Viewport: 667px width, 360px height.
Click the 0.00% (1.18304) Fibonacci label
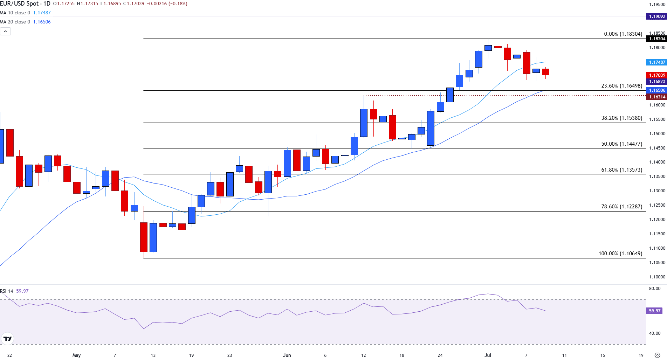(x=623, y=34)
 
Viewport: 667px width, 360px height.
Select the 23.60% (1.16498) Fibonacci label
(x=621, y=86)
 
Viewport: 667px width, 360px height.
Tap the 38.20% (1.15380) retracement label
(x=621, y=118)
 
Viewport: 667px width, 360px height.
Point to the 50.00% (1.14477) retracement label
(x=621, y=144)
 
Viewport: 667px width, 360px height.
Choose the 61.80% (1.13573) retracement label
(x=621, y=170)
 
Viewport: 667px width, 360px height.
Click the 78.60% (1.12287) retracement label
(x=621, y=207)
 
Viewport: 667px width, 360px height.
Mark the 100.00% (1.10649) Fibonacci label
(x=620, y=254)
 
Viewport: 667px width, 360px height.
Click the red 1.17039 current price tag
(x=656, y=75)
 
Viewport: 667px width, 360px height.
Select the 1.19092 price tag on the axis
(x=656, y=16)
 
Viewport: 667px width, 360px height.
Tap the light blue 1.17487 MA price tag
(x=656, y=62)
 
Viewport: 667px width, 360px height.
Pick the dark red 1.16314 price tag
(x=656, y=97)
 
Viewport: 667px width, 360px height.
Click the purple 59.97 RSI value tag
(x=654, y=311)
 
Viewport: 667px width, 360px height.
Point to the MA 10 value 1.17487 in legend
(x=42, y=13)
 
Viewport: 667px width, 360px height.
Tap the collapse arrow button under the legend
(x=6, y=32)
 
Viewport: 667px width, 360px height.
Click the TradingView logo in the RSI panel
(x=7, y=339)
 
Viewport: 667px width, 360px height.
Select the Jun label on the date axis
(x=287, y=355)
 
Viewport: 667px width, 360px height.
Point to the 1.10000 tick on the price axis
(x=657, y=277)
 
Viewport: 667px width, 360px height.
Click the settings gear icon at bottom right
(x=657, y=355)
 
